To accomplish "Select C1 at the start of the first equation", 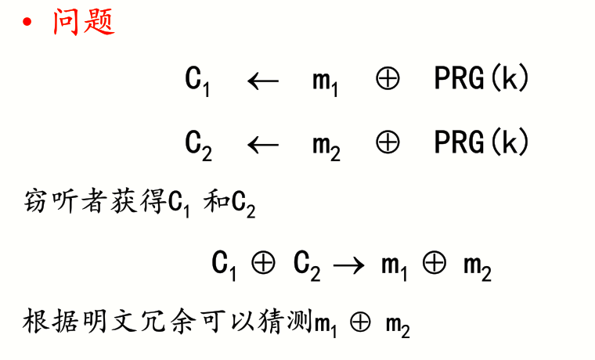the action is tap(197, 81).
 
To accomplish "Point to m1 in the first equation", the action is tap(325, 81).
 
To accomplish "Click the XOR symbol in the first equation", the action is tap(388, 80).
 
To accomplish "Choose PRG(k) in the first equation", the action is tap(481, 79).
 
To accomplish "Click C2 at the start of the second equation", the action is tap(198, 144).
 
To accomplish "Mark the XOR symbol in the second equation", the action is tap(388, 143).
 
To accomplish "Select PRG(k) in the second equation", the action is tap(481, 142).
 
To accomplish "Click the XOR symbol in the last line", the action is tap(361, 322).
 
